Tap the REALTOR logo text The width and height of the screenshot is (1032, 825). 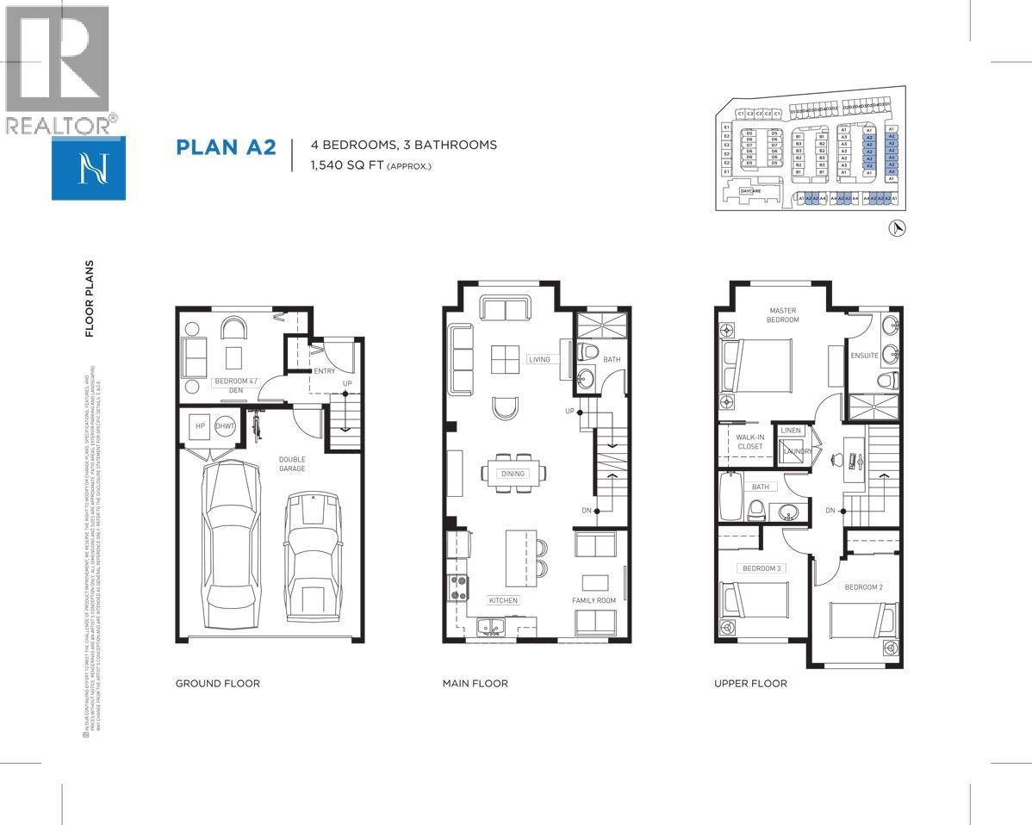59,126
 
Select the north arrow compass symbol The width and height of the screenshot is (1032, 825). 897,227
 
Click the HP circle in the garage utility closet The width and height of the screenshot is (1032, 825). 200,426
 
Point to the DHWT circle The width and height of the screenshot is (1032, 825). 226,426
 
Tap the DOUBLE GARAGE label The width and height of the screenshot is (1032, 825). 291,464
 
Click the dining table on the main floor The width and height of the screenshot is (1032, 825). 513,473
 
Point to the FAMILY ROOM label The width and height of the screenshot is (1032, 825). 594,599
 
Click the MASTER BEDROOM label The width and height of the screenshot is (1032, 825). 783,315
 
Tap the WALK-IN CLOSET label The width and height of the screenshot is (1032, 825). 749,442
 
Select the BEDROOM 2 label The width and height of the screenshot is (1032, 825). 863,586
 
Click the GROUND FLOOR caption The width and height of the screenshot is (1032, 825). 217,683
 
